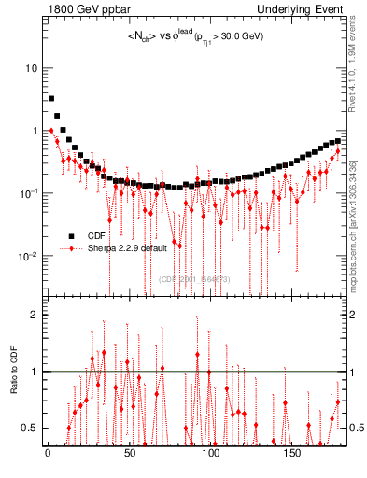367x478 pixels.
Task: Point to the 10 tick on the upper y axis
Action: (x=32, y=69)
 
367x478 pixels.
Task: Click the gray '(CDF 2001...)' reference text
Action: (x=195, y=278)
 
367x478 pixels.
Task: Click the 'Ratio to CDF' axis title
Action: (x=15, y=372)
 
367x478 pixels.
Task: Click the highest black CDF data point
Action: (x=51, y=98)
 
